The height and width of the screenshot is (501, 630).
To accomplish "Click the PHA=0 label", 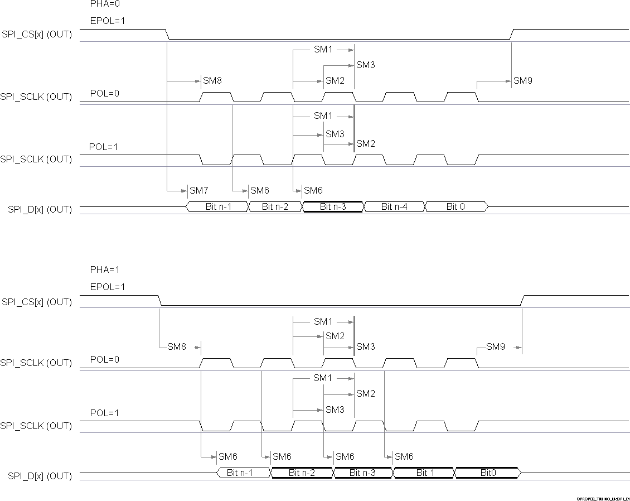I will [105, 4].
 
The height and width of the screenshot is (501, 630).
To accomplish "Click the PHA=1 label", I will [105, 269].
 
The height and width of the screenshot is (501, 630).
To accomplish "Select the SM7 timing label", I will [198, 191].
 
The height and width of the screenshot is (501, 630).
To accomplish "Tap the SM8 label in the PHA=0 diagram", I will [212, 81].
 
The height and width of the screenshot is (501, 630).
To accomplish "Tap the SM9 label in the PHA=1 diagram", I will [495, 347].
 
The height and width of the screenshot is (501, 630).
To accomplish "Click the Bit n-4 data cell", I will [394, 206].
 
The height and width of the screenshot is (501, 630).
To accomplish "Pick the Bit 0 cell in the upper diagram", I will [455, 206].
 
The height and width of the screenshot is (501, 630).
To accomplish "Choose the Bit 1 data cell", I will [425, 473].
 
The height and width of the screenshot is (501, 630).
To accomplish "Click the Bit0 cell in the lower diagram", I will [488, 473].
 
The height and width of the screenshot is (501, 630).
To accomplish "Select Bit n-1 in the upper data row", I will [219, 206].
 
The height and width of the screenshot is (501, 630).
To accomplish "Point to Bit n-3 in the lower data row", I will [362, 473].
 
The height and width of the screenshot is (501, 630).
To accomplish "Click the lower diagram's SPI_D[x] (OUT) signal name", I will [40, 476].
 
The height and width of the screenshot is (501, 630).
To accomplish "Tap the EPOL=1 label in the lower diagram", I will [108, 287].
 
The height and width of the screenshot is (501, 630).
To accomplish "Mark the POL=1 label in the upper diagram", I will [104, 147].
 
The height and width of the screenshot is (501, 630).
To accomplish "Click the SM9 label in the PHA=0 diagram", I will [523, 81].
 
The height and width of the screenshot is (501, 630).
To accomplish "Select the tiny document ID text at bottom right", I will [603, 498].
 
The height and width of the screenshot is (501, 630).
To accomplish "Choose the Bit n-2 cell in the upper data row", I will [275, 206].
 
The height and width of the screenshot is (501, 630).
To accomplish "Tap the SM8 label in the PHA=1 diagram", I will [177, 347].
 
